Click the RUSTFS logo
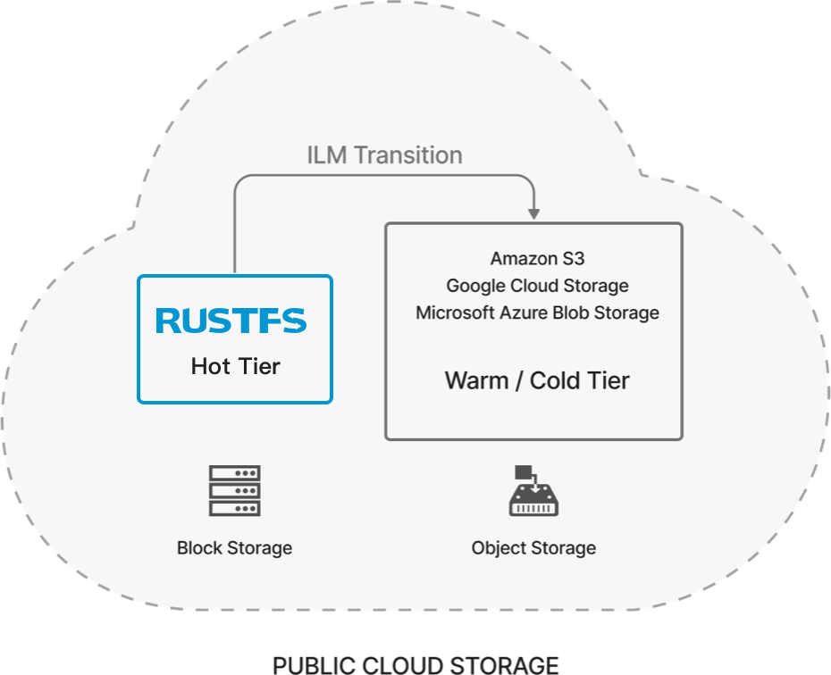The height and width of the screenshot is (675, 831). pyautogui.click(x=231, y=321)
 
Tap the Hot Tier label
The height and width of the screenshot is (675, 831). pyautogui.click(x=235, y=366)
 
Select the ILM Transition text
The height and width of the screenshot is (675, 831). pyautogui.click(x=384, y=155)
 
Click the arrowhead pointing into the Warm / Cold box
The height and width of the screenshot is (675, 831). pyautogui.click(x=533, y=212)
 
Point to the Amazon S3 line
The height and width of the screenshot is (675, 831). pyautogui.click(x=537, y=259)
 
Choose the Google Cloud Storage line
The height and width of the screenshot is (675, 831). pyautogui.click(x=537, y=286)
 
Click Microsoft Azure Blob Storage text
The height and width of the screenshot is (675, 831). pyautogui.click(x=537, y=312)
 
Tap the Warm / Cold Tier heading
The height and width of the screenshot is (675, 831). pyautogui.click(x=537, y=380)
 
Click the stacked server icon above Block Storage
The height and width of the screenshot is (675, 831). pyautogui.click(x=234, y=490)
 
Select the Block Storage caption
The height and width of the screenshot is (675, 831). pyautogui.click(x=234, y=547)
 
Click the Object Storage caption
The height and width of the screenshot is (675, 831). pyautogui.click(x=533, y=547)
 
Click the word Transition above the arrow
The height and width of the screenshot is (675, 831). pyautogui.click(x=407, y=155)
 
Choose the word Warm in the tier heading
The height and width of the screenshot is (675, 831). pyautogui.click(x=476, y=380)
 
